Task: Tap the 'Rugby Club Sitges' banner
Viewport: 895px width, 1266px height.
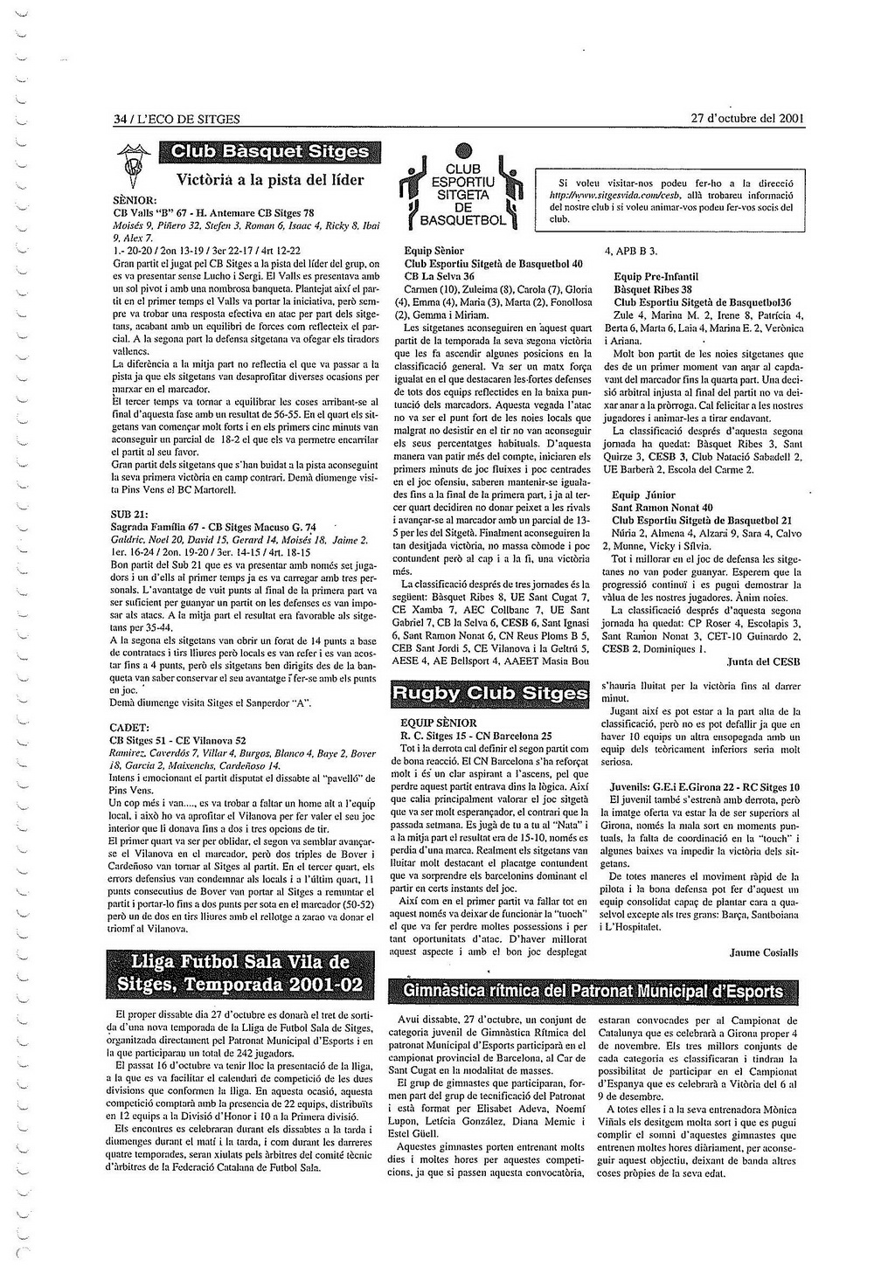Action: (x=489, y=694)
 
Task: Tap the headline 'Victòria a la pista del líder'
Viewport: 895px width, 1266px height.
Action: (x=270, y=181)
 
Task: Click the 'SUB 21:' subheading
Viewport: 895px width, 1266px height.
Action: (x=128, y=514)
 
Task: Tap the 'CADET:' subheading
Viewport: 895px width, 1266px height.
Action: (x=129, y=727)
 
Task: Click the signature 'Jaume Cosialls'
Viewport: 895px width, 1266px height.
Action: (x=763, y=952)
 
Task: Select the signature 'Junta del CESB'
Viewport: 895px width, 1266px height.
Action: (x=763, y=661)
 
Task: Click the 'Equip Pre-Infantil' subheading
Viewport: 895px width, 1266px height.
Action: (x=656, y=277)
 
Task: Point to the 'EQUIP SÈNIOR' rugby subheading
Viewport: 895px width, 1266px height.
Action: (x=438, y=723)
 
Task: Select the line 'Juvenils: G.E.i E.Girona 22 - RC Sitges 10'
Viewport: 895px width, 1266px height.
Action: (x=704, y=786)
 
